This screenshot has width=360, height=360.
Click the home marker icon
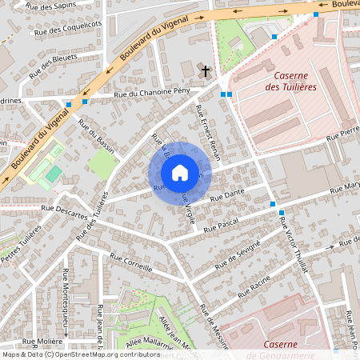[180, 173]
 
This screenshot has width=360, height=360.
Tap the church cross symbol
[205, 72]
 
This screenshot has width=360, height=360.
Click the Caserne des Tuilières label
[290, 80]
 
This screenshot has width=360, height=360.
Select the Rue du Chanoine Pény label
[152, 94]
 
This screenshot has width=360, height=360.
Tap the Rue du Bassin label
[97, 136]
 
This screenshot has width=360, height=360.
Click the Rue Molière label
[40, 341]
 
